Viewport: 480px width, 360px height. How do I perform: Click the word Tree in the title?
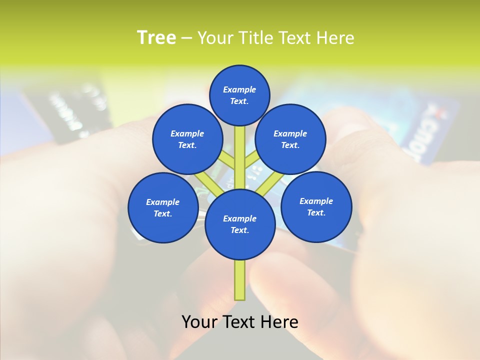(156, 38)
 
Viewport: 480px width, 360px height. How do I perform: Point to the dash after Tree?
(186, 38)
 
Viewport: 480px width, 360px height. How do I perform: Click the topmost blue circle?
(239, 95)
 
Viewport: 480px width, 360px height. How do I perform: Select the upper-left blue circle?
(187, 139)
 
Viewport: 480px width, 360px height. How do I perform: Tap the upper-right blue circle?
(290, 139)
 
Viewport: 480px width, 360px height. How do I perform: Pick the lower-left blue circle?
(163, 207)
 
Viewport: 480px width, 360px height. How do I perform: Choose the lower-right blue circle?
(316, 207)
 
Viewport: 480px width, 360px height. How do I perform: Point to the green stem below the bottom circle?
(240, 280)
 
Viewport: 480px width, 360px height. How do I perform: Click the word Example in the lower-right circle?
(316, 201)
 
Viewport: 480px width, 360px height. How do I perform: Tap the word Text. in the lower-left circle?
(162, 214)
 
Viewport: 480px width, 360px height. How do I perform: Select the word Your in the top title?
(215, 38)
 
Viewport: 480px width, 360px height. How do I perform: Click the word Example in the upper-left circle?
(187, 133)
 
